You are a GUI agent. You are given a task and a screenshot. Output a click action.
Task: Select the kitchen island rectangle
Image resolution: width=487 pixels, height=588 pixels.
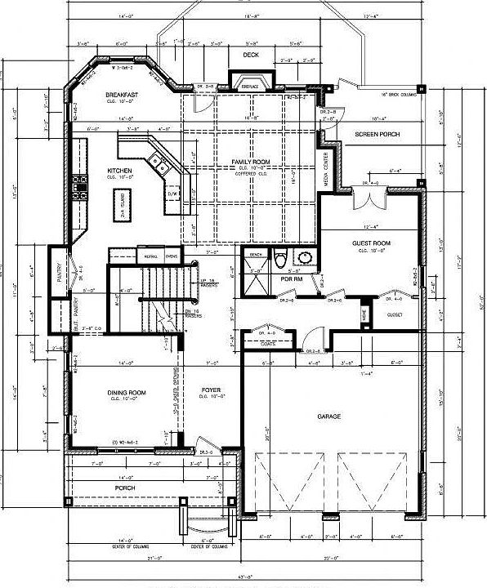click(119, 199)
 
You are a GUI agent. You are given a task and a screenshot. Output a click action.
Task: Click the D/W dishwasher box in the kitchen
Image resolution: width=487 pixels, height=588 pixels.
click(172, 194)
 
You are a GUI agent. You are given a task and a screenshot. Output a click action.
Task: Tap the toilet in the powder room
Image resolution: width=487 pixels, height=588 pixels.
click(280, 260)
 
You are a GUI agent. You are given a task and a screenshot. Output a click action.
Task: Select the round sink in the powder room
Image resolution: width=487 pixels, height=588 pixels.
click(306, 260)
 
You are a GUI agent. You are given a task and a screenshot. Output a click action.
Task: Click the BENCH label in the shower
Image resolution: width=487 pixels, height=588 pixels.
click(255, 255)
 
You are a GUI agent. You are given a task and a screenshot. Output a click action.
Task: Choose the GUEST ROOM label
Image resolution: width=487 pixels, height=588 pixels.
click(371, 243)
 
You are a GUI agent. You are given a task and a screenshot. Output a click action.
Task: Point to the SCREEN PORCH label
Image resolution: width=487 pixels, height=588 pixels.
click(378, 134)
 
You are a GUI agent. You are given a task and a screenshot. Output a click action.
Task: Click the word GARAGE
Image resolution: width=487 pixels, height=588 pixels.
click(329, 416)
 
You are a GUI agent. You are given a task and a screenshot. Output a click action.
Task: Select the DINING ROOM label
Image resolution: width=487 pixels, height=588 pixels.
click(127, 394)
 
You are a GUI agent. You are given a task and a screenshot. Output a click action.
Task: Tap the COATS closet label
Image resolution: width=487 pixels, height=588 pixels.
click(267, 344)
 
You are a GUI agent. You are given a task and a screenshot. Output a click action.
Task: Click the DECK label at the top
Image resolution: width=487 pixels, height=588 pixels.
click(252, 56)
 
